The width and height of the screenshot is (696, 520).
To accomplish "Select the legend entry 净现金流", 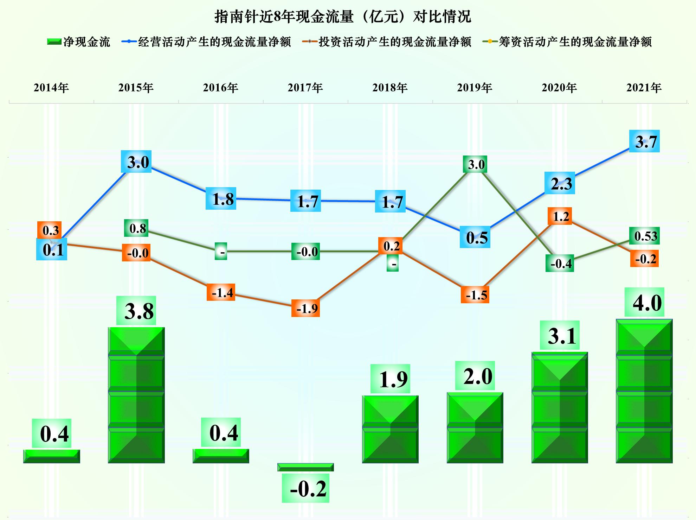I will tap(79, 42).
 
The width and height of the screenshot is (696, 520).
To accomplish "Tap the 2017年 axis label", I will tap(305, 88).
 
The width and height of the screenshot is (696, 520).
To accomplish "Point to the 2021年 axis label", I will tap(644, 88).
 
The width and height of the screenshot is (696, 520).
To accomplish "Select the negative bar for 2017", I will tap(305, 467).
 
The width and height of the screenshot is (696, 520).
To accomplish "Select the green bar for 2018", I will tap(390, 429).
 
